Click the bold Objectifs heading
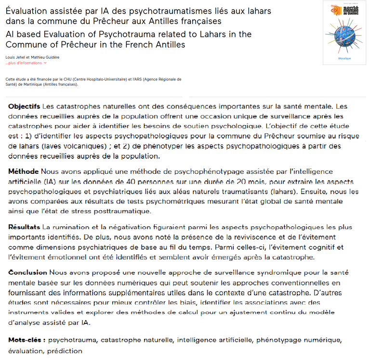pos(24,106)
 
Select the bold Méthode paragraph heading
pos(24,171)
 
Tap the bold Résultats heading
pos(25,227)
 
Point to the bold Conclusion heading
pos(27,272)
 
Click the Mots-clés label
pos(27,340)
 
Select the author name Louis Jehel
pos(16,57)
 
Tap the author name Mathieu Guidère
pos(47,57)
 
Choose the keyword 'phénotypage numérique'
pos(301,340)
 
